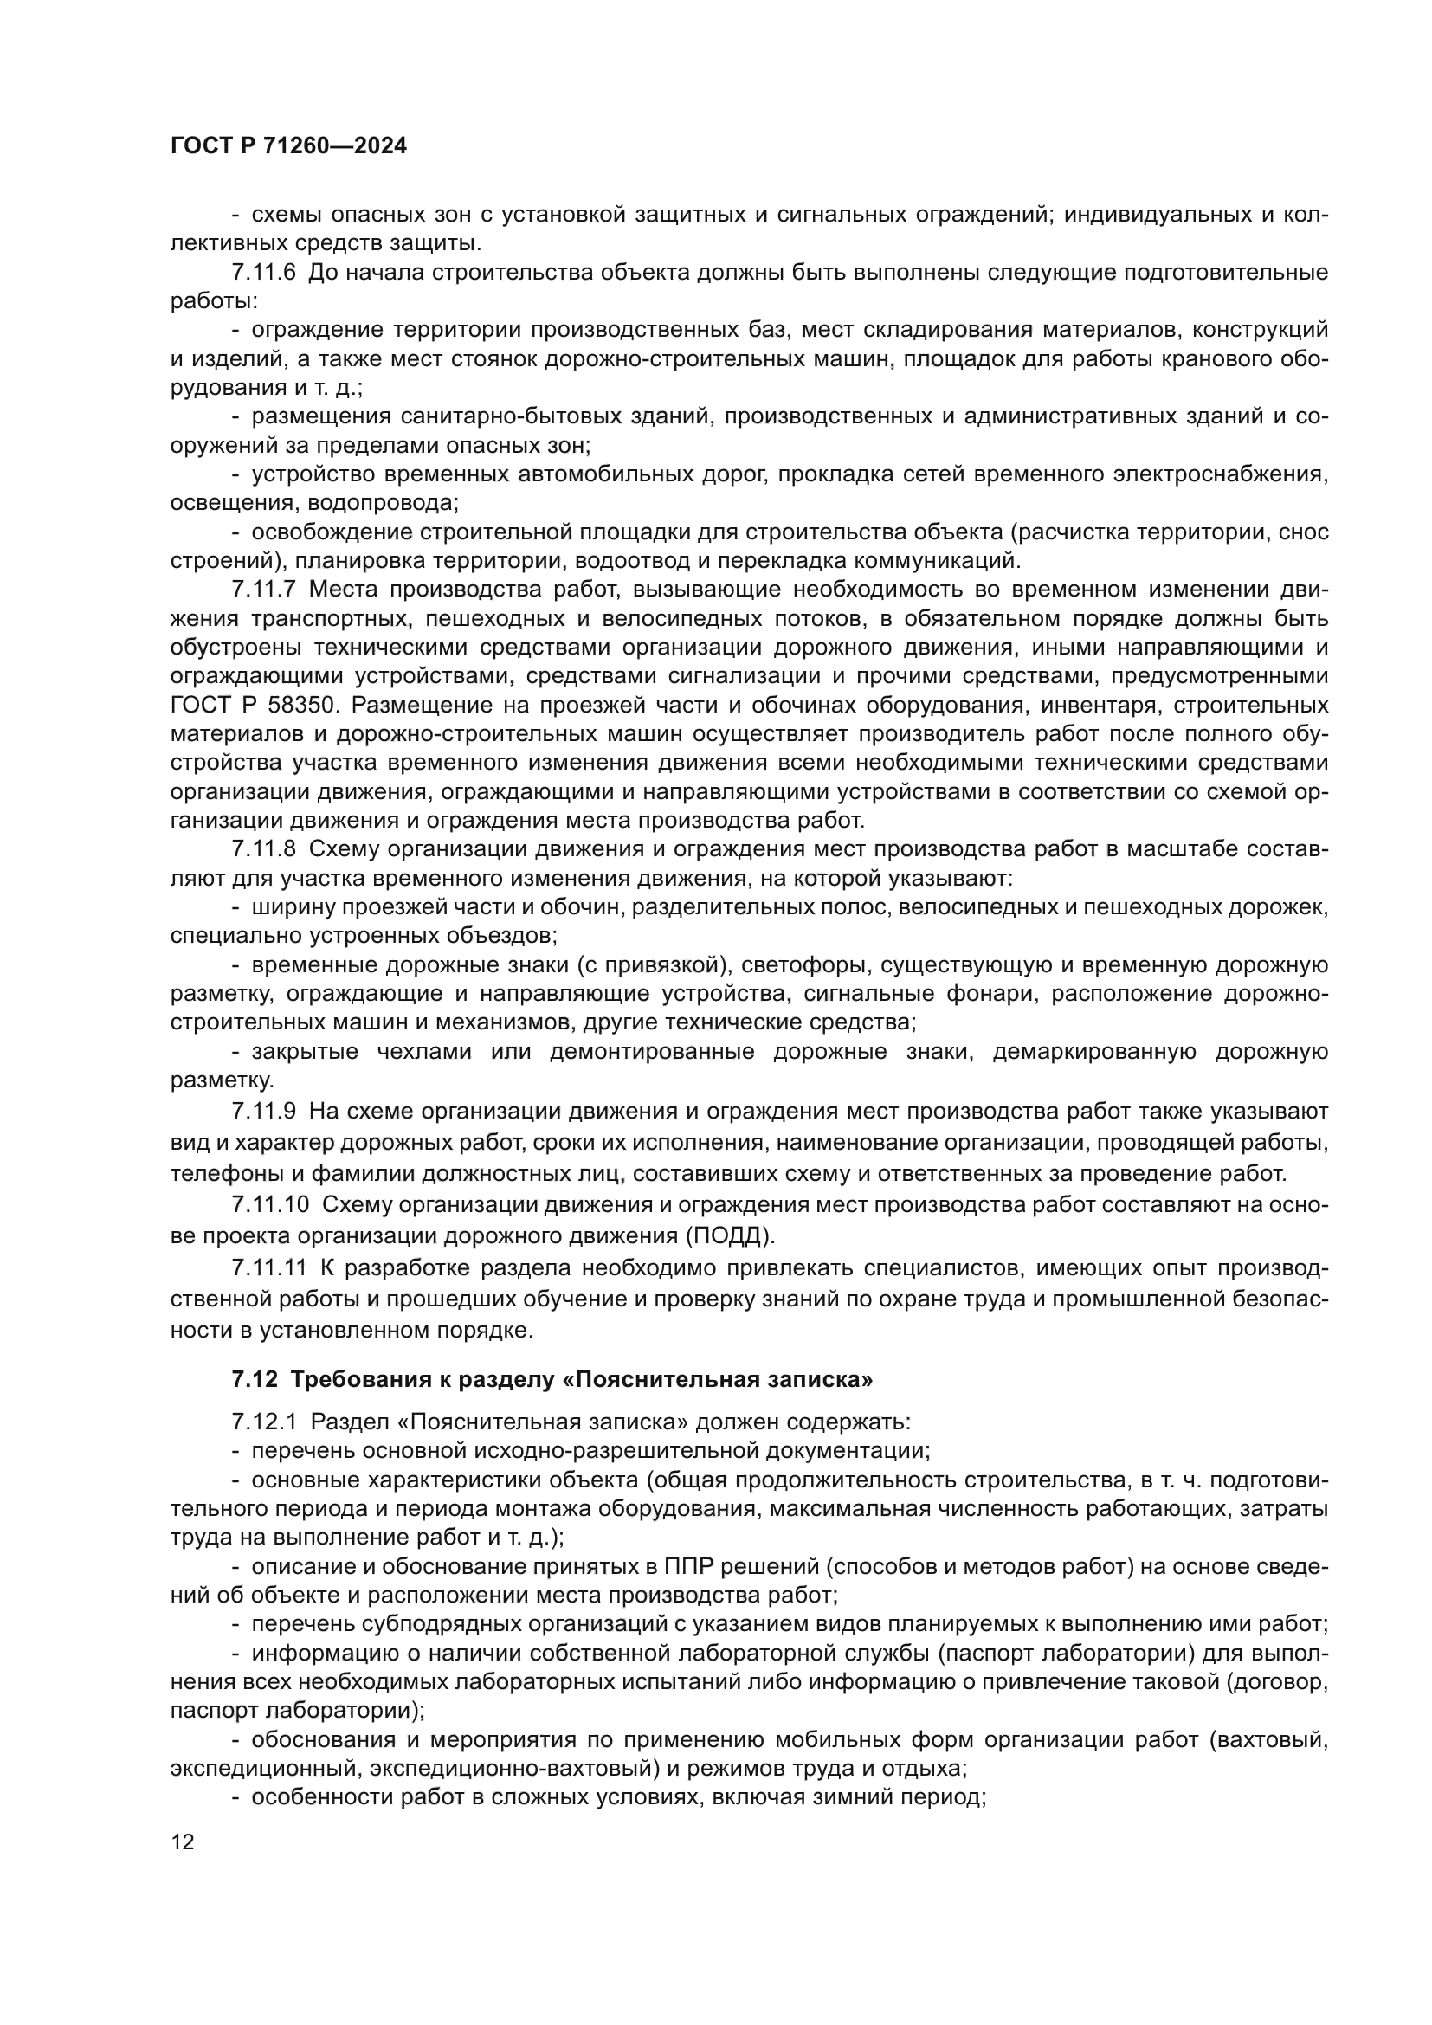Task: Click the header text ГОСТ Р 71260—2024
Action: (288, 146)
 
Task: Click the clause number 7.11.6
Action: (264, 273)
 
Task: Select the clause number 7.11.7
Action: (264, 590)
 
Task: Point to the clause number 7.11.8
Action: (264, 849)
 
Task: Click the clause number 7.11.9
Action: (264, 1111)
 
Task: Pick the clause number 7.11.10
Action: (270, 1205)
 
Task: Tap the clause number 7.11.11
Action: (269, 1269)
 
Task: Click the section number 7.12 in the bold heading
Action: (255, 1380)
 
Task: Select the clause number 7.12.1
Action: (264, 1422)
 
